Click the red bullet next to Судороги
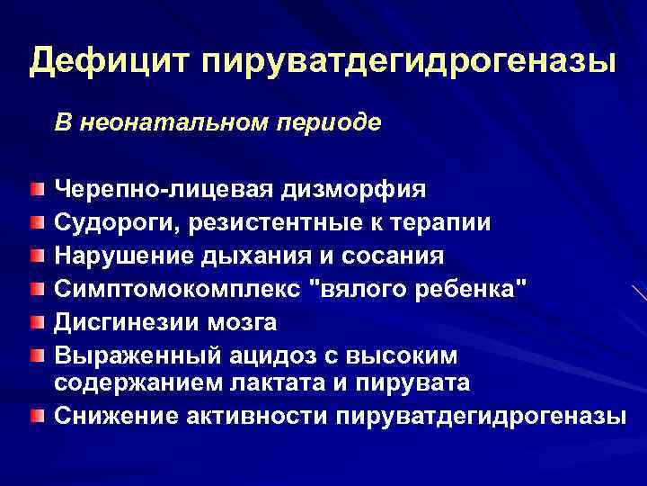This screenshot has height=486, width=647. tap(35, 222)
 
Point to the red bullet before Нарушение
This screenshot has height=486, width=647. tap(35, 256)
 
